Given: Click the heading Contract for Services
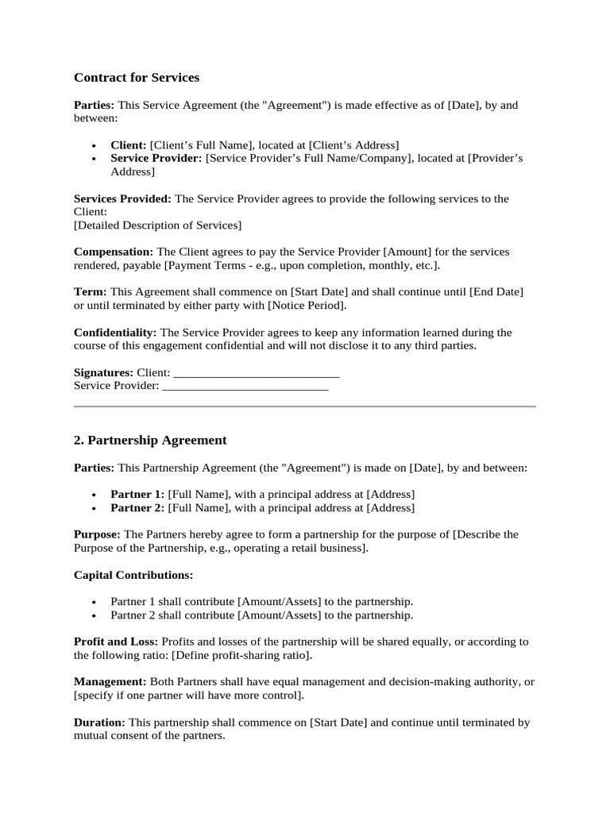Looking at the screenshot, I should pos(137,78).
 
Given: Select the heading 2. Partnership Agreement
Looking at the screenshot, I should pos(150,440).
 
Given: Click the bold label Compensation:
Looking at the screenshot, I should pos(113,252).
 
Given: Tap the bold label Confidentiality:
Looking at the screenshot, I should pos(115,333).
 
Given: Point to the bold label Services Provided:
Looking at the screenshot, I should pos(122,198).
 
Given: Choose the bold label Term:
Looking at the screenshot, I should pos(90,292).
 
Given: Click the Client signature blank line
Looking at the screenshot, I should pos(256,372).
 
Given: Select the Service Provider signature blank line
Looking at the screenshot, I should pos(245,387).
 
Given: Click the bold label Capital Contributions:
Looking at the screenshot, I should pos(133,574).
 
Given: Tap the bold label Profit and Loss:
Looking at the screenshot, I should pos(116,641).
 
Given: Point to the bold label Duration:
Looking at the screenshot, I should pos(99,722).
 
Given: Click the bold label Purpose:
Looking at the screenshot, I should pos(97,534).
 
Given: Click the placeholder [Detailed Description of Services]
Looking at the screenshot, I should pos(157,225).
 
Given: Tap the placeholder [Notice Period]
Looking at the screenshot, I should pos(306,306).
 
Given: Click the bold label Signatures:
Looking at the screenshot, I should pos(103,372).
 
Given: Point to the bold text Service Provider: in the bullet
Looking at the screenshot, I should pos(156,158).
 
